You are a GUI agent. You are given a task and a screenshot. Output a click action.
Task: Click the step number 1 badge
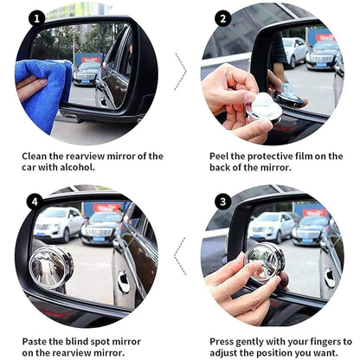click(x=36, y=17)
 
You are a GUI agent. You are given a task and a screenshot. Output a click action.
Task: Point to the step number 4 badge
click(x=36, y=201)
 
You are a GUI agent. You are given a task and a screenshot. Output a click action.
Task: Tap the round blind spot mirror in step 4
click(x=51, y=267)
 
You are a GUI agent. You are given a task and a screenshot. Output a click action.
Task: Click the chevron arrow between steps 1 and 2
click(x=180, y=71)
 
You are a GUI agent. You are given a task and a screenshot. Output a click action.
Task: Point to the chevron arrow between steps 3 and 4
click(x=180, y=255)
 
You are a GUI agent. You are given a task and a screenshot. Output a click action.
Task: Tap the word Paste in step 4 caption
click(x=36, y=341)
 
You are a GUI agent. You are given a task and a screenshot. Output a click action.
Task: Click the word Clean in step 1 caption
click(x=37, y=156)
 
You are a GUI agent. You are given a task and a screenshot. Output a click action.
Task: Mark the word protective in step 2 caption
click(x=280, y=156)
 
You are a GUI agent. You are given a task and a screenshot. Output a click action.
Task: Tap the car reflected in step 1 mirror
click(x=87, y=74)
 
